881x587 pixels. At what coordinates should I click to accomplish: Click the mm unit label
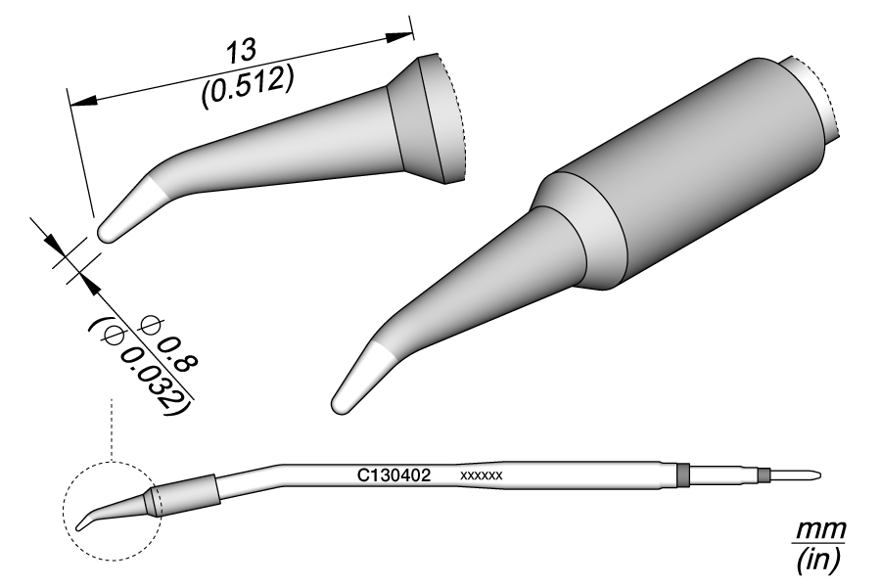pyautogui.click(x=819, y=529)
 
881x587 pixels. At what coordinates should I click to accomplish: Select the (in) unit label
pyautogui.click(x=819, y=559)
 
